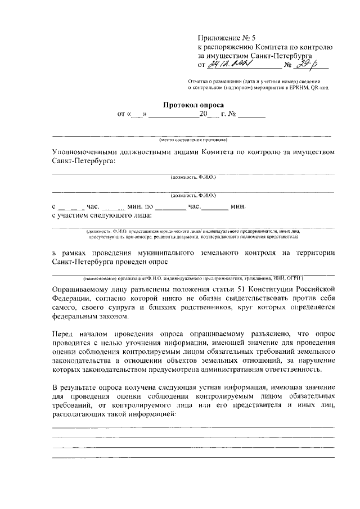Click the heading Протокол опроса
tap(193, 105)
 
